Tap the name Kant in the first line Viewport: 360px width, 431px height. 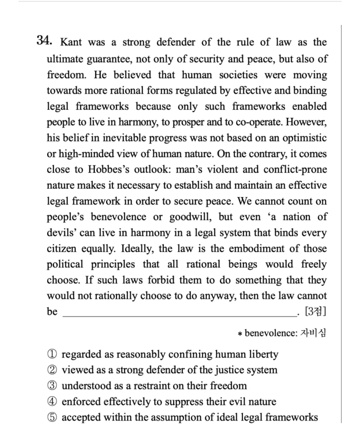point(71,42)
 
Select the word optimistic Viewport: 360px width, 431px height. point(304,138)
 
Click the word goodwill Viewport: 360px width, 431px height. point(190,217)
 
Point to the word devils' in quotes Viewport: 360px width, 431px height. point(61,233)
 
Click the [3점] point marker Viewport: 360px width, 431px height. point(315,312)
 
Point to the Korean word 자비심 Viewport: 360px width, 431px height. point(313,333)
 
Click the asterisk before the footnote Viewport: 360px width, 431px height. point(241,333)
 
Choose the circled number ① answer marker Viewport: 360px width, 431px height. point(52,354)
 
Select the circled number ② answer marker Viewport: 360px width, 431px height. point(52,370)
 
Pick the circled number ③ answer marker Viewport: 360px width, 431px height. point(52,386)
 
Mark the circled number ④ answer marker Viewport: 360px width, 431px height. point(52,402)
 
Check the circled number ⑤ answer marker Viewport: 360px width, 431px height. point(52,417)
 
